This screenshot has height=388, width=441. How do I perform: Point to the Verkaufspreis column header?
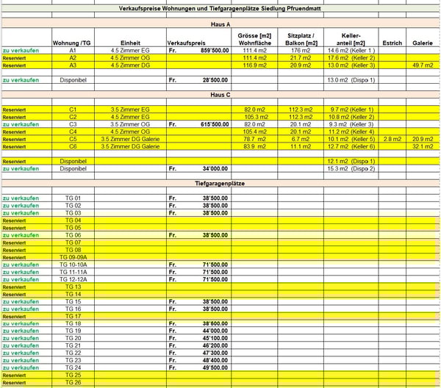(185, 43)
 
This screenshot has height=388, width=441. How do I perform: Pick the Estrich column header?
(392, 43)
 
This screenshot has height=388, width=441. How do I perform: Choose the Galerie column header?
(422, 43)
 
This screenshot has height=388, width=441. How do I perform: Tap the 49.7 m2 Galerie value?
(423, 65)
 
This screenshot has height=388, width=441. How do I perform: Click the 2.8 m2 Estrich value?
(392, 139)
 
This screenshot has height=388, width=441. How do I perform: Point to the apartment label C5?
(73, 139)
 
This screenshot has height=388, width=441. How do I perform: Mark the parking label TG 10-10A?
(73, 265)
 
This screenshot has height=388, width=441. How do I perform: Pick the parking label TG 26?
(73, 382)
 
